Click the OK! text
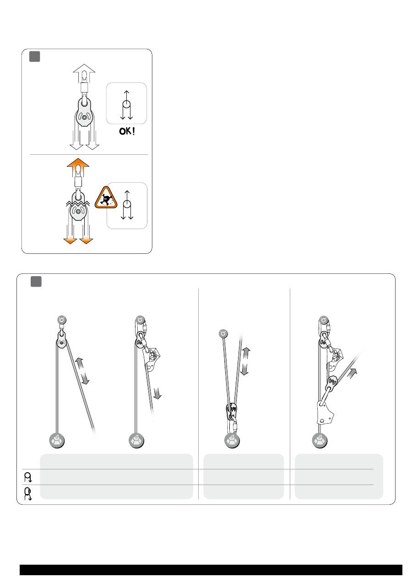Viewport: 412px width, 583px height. (x=127, y=131)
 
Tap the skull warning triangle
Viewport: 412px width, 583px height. (x=106, y=198)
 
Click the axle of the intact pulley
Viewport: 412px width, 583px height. (x=84, y=118)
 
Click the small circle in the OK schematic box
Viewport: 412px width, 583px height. (x=126, y=104)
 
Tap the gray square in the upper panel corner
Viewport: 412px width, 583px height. (x=35, y=56)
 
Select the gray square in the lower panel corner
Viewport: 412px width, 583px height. (x=36, y=282)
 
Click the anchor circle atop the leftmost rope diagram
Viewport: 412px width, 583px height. (x=62, y=320)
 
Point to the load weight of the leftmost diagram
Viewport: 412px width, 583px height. (x=57, y=441)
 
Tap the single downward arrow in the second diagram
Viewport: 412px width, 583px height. (x=157, y=393)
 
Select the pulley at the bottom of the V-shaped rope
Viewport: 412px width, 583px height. (x=232, y=411)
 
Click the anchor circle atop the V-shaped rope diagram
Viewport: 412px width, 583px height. (x=223, y=333)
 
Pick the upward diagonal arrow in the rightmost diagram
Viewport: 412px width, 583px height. (x=353, y=373)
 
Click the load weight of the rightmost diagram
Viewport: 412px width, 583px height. (x=320, y=441)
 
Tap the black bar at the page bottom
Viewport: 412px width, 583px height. (x=211, y=570)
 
